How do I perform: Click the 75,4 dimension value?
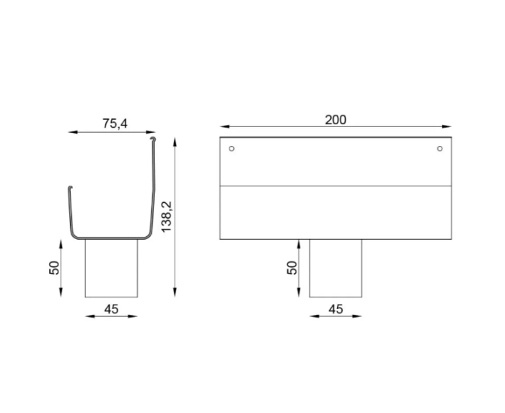(114, 123)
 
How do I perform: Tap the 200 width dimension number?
(335, 119)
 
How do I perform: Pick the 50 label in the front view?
(292, 268)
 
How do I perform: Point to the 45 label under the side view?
(111, 309)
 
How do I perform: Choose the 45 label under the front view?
(335, 309)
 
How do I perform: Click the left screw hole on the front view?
(231, 149)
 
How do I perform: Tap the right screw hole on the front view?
(439, 149)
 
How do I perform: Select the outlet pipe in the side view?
(111, 268)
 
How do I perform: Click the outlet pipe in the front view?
(335, 268)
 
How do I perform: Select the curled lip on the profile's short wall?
(69, 189)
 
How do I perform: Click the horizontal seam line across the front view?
(335, 186)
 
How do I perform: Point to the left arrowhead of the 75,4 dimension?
(70, 132)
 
